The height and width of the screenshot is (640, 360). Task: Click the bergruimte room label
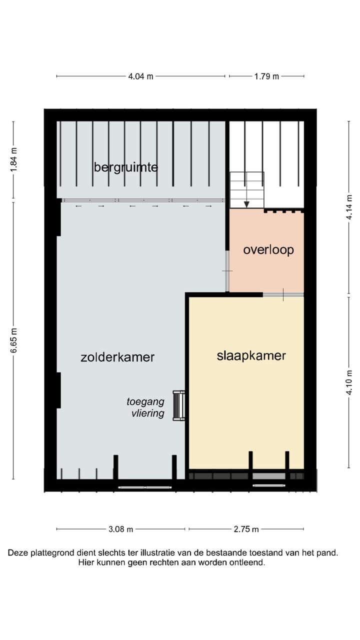pyautogui.click(x=125, y=167)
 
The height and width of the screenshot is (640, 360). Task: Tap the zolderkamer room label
pyautogui.click(x=117, y=357)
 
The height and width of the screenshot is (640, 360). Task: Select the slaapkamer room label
pyautogui.click(x=251, y=355)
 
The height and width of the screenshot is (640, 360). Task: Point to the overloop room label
pyautogui.click(x=268, y=249)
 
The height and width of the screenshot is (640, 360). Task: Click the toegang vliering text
pyautogui.click(x=145, y=407)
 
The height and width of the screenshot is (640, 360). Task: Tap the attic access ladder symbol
pyautogui.click(x=178, y=405)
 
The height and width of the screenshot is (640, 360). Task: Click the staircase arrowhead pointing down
pyautogui.click(x=246, y=203)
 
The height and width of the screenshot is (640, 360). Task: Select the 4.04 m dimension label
pyautogui.click(x=140, y=76)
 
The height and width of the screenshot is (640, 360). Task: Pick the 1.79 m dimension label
pyautogui.click(x=266, y=76)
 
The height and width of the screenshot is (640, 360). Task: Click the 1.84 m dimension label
pyautogui.click(x=13, y=159)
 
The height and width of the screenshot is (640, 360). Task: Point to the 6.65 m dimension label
pyautogui.click(x=13, y=340)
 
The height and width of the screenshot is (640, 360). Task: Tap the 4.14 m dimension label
pyautogui.click(x=349, y=207)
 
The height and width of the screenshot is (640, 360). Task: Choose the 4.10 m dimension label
pyautogui.click(x=349, y=382)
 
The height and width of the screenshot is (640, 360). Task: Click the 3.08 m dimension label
pyautogui.click(x=121, y=529)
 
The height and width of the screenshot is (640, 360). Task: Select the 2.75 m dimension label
pyautogui.click(x=246, y=529)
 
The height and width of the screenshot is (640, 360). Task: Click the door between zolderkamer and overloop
pyautogui.click(x=227, y=271)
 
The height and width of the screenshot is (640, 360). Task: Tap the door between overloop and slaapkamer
pyautogui.click(x=283, y=294)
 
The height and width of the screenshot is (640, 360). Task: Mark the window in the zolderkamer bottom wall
pyautogui.click(x=145, y=487)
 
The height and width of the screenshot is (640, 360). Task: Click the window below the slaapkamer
pyautogui.click(x=269, y=485)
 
